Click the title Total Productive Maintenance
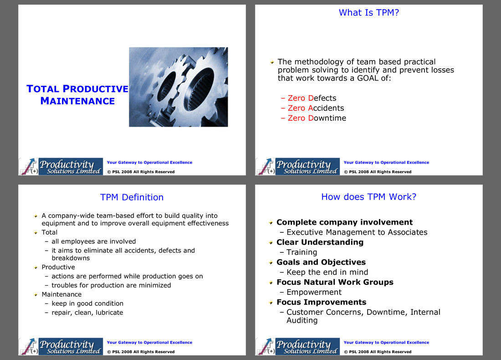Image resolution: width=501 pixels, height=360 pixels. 77,95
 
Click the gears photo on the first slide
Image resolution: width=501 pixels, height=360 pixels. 178,87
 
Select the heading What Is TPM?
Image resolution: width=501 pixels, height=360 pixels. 369,12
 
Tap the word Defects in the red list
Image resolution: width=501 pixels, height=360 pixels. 322,98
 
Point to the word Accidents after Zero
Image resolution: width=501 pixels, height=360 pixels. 326,108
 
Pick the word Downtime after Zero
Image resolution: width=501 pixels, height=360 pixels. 327,118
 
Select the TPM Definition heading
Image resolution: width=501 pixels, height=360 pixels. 132,197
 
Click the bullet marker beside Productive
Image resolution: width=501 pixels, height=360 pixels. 36,267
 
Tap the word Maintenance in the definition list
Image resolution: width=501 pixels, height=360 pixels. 61,294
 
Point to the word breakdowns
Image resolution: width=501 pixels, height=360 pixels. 71,258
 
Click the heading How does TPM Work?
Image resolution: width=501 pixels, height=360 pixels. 369,196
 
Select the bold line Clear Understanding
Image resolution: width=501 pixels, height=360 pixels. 320,242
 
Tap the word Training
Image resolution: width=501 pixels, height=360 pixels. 302,252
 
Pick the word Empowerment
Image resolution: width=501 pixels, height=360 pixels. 314,292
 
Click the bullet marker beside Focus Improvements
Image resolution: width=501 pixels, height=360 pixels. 271,303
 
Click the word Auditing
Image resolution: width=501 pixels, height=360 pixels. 302,320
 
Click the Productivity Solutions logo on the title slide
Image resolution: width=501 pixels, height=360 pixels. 61,167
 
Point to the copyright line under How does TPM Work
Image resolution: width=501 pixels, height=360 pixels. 378,352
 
